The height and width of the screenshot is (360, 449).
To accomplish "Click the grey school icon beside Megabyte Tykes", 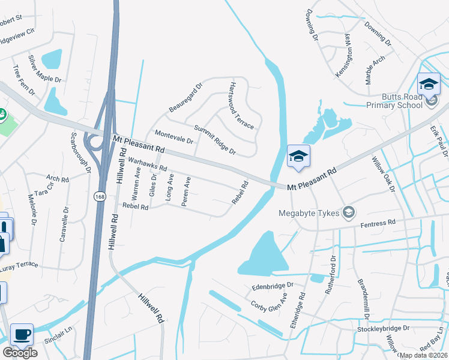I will (x=348, y=212).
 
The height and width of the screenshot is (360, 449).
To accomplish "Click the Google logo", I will (x=20, y=352).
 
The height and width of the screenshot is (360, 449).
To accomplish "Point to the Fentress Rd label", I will (x=378, y=223).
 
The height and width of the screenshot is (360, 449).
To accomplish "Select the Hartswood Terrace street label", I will (x=241, y=107).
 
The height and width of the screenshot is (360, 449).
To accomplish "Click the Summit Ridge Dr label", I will (x=215, y=140).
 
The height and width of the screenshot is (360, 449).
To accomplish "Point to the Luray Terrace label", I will (x=19, y=265).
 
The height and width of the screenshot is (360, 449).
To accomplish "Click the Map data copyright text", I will (x=423, y=355).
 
